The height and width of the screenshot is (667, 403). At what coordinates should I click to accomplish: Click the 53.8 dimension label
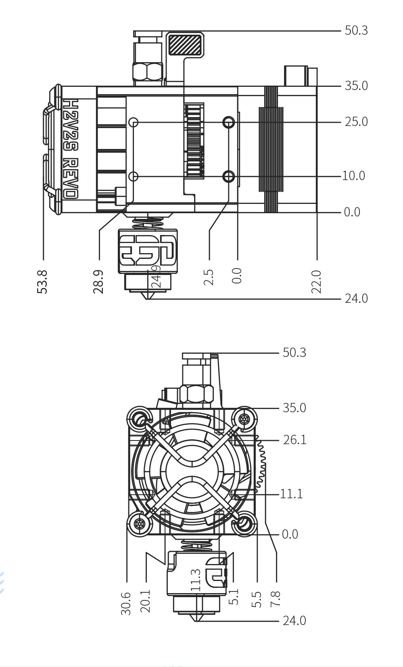pos(42,281)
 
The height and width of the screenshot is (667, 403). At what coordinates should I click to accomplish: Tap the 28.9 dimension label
pos(98,281)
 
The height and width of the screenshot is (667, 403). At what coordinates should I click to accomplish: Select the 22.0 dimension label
pos(316,281)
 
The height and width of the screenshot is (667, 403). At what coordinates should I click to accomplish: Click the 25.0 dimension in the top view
pos(356,122)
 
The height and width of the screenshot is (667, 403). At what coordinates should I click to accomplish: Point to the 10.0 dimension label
pos(353,176)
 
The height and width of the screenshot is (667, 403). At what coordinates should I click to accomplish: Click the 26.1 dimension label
pos(294,440)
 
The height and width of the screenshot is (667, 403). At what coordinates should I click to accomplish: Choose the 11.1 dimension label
pos(291,494)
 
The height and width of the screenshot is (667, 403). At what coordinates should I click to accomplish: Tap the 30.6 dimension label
pos(126,603)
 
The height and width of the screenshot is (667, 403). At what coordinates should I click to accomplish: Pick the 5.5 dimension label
pos(257,599)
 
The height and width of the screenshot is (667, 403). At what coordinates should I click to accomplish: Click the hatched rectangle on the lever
pos(185,44)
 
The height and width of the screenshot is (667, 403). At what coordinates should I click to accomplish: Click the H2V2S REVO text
pos(71,149)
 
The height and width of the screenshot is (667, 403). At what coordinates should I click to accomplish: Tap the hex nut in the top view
pos(147,71)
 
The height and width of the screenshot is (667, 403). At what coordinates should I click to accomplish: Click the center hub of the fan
pos(191,471)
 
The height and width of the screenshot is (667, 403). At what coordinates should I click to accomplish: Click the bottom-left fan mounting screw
pos(140,524)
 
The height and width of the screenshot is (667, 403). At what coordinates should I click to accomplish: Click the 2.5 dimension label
pos(209,278)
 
